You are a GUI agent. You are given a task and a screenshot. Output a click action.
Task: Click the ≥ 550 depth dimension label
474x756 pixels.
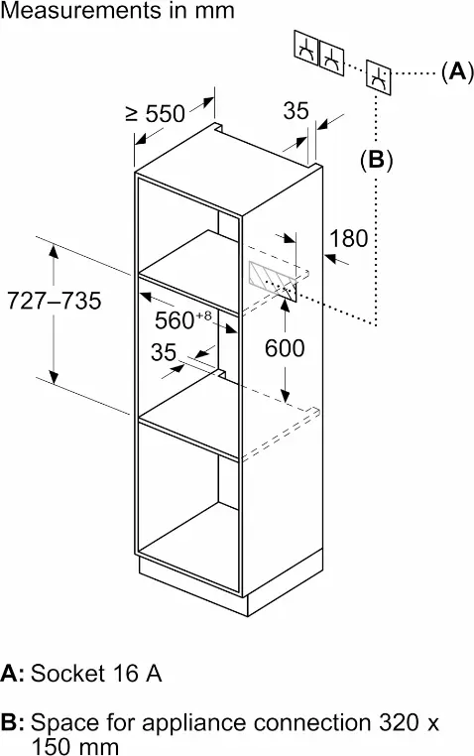[155, 114]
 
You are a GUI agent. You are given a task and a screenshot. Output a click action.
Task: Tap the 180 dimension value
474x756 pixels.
[348, 238]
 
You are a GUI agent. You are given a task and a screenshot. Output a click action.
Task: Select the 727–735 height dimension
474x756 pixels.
[54, 301]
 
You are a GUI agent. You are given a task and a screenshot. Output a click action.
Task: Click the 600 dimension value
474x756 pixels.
[285, 348]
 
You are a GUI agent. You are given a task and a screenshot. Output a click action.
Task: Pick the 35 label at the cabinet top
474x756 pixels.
[296, 110]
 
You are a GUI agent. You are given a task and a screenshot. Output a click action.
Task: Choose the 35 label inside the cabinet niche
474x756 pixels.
[164, 352]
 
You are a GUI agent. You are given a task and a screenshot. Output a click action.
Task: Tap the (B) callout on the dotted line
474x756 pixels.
[376, 160]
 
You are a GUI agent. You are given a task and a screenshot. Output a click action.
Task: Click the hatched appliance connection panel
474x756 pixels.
[273, 281]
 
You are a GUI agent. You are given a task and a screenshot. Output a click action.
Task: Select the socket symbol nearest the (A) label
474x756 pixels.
[379, 77]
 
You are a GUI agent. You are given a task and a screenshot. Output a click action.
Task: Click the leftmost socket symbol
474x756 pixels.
[306, 49]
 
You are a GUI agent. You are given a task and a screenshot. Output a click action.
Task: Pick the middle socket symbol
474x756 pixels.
[332, 58]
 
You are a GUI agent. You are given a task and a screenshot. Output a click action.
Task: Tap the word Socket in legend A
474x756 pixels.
[67, 673]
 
